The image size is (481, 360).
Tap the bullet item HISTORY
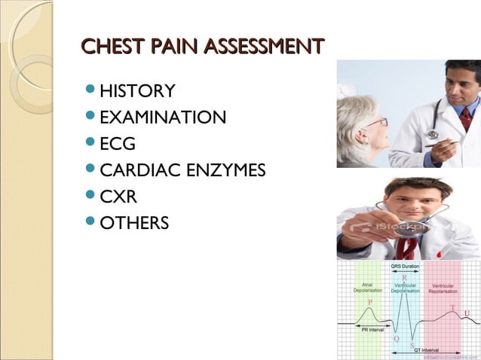coord(137,92)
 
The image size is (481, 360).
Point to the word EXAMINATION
coord(162,117)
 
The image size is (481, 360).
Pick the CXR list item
coord(117,197)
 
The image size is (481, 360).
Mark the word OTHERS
coord(134,224)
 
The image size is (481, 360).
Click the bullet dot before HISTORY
coord(91,91)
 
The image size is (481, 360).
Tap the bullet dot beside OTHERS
coord(91,223)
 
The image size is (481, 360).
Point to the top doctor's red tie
coord(465,118)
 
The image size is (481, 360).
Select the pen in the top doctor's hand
coord(445,142)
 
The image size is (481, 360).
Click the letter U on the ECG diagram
coord(467,313)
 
